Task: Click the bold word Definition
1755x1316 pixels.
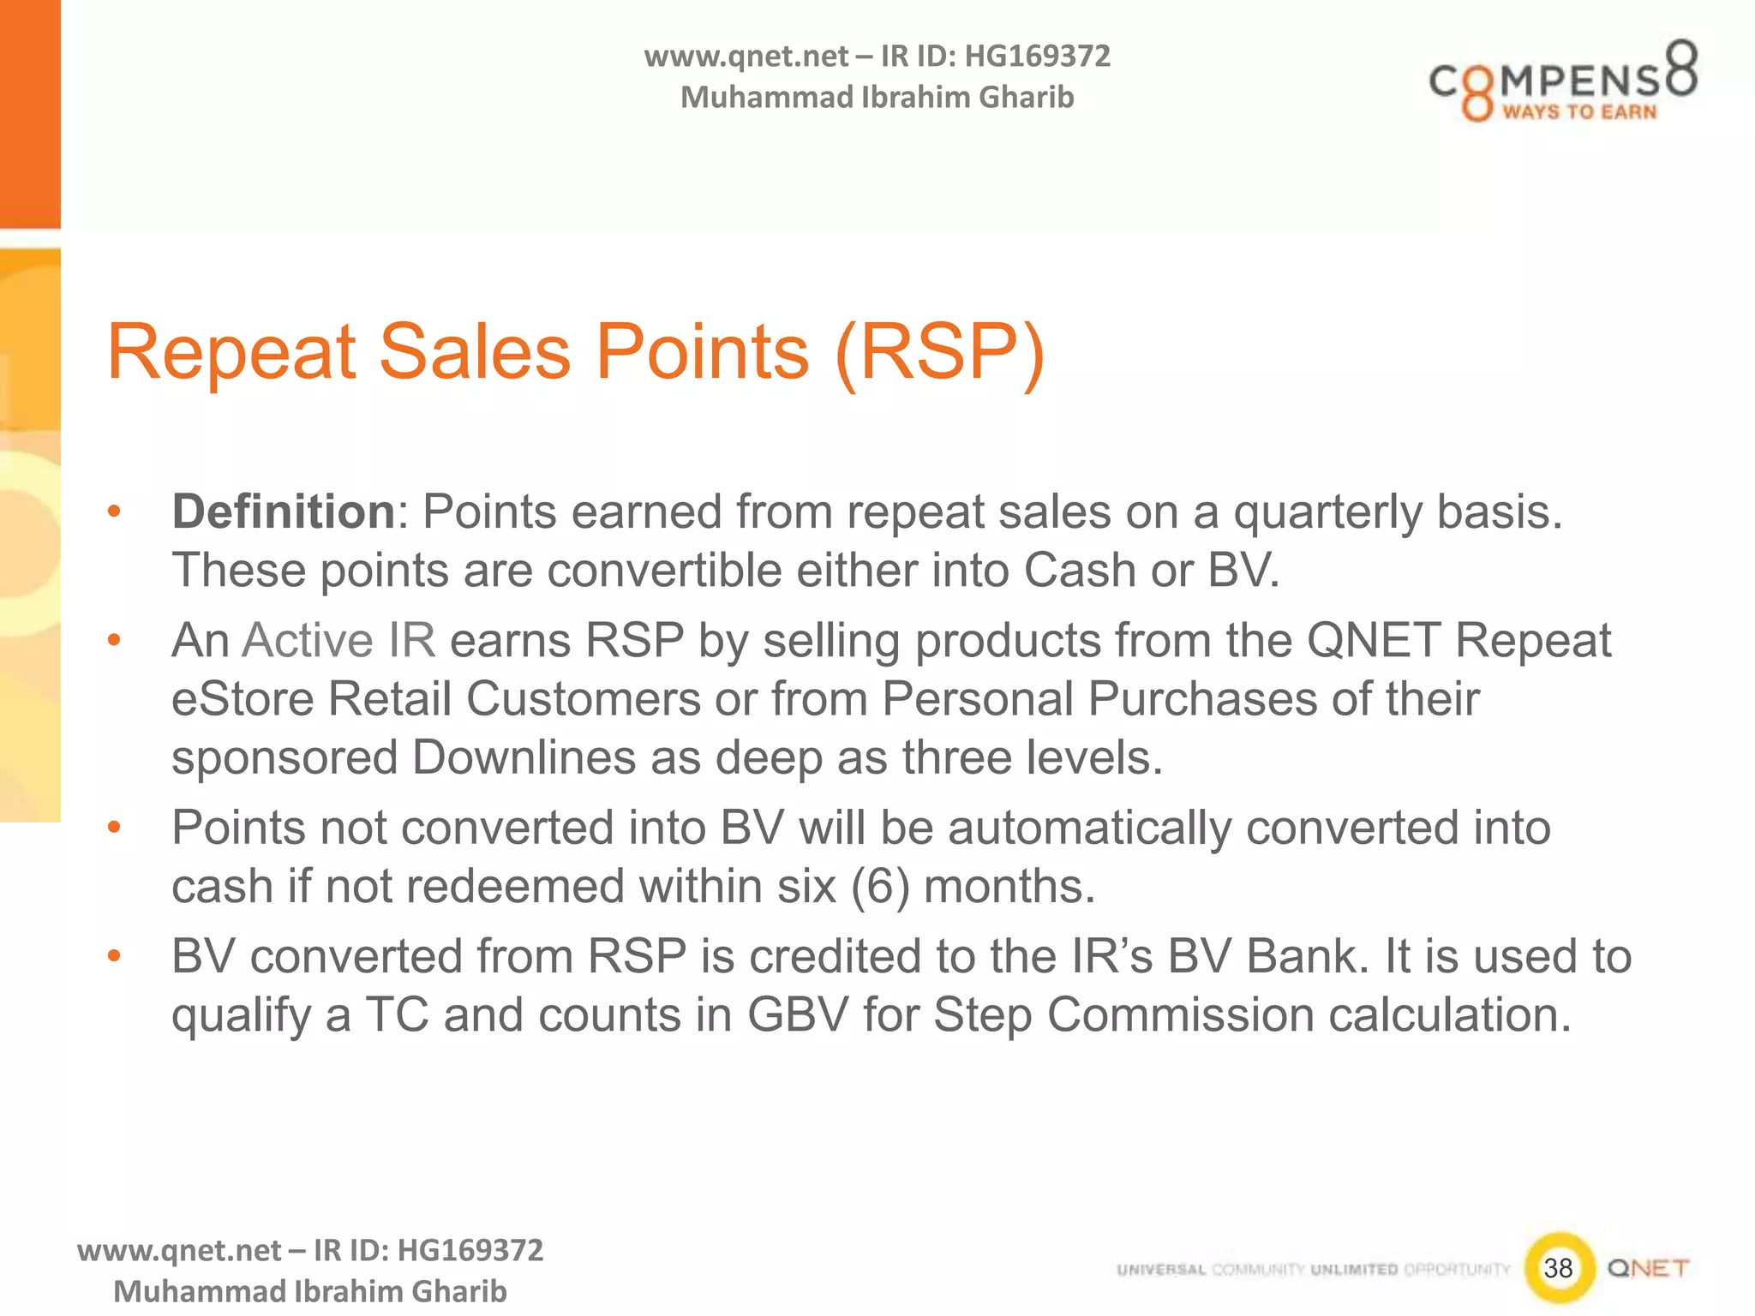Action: click(x=283, y=512)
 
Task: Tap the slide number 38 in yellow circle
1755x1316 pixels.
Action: click(x=1558, y=1268)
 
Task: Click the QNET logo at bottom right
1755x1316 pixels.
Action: click(x=1648, y=1268)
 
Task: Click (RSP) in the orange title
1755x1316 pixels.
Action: click(x=940, y=352)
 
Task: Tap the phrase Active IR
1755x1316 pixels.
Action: click(x=338, y=641)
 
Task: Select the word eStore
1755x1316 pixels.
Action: click(x=243, y=699)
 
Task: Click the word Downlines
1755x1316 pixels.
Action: click(x=524, y=758)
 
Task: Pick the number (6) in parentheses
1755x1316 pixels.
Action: click(x=879, y=887)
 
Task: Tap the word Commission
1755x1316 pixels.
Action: click(x=1180, y=1015)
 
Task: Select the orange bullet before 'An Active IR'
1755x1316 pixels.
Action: click(x=114, y=641)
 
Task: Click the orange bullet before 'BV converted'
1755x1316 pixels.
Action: click(x=114, y=956)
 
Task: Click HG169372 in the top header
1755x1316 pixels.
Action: click(x=1037, y=57)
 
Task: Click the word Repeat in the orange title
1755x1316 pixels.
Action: click(x=231, y=352)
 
